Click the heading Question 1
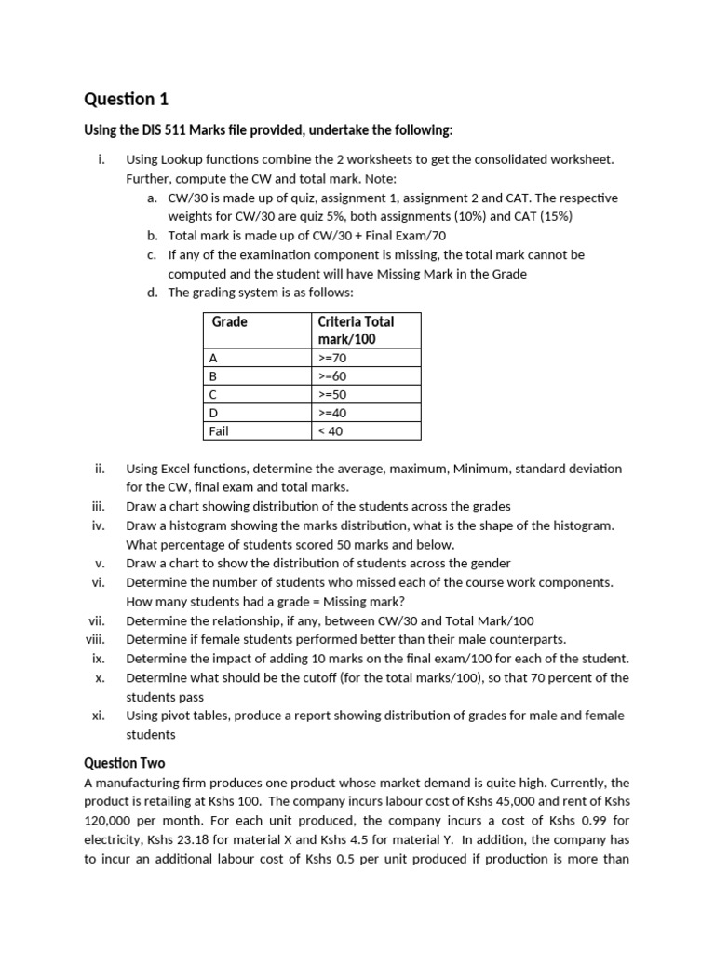click(x=127, y=99)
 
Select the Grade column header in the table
click(x=230, y=321)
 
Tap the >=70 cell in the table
click(x=332, y=357)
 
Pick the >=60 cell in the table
click(x=332, y=375)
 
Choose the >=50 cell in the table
click(x=332, y=394)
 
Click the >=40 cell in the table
click(x=332, y=413)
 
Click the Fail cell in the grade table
click(x=220, y=431)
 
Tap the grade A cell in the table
click(x=213, y=357)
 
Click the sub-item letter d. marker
click(x=153, y=292)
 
